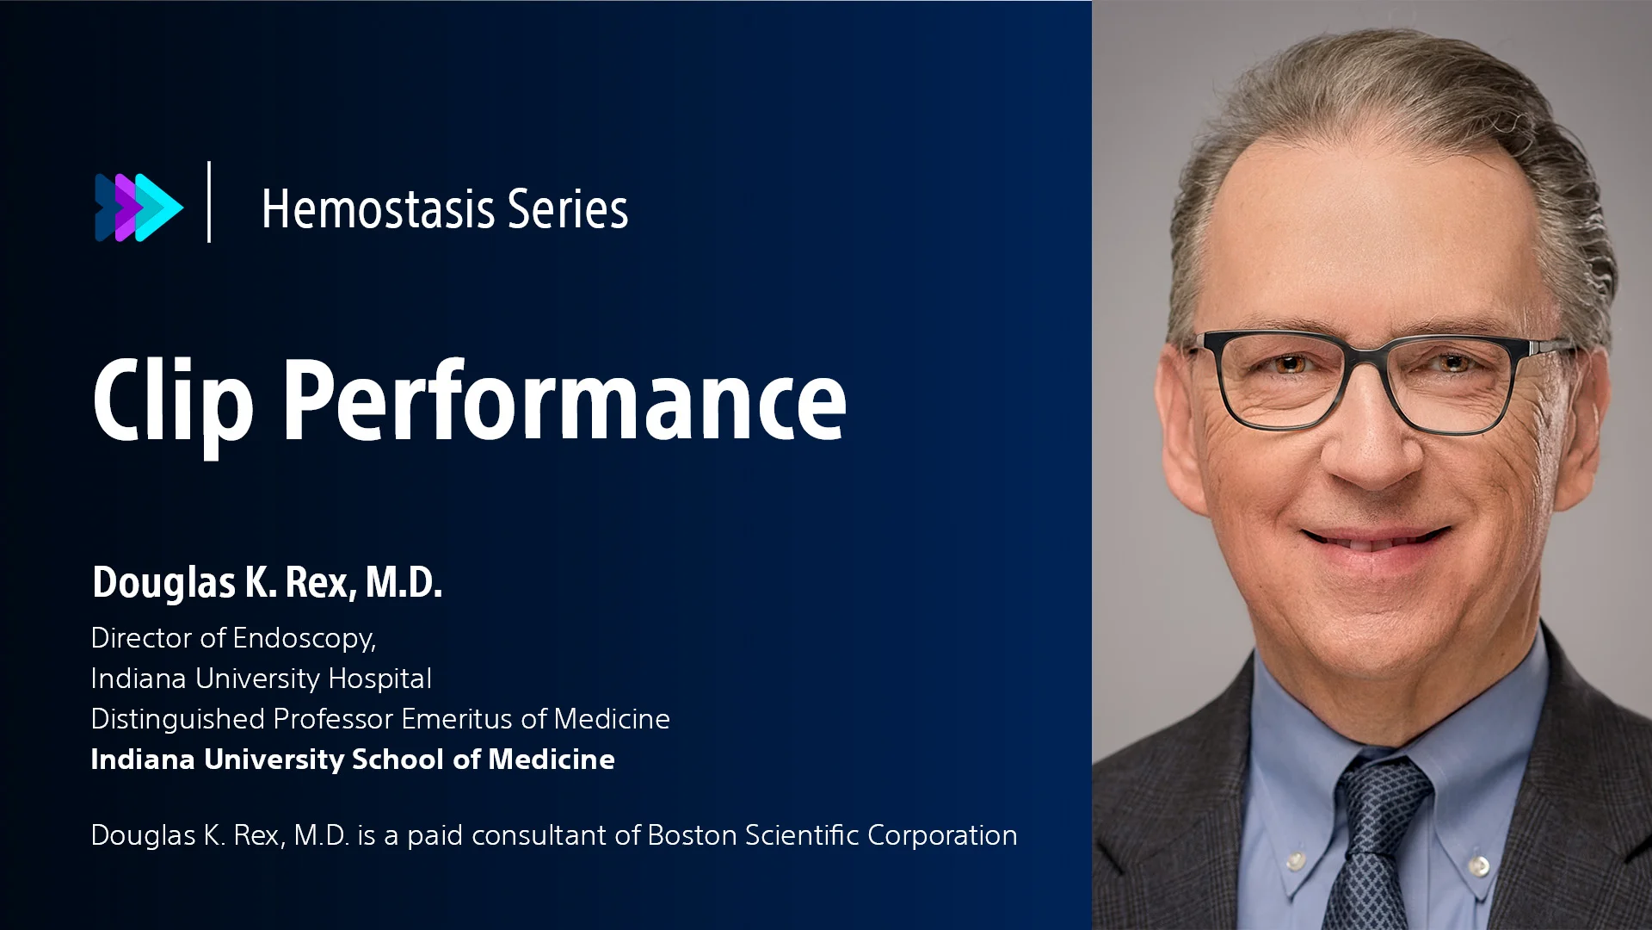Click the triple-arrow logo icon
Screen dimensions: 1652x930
[139, 207]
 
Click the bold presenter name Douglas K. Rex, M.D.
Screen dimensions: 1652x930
[267, 583]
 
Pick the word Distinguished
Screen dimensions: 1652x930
[177, 719]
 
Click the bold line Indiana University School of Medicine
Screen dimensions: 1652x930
[353, 759]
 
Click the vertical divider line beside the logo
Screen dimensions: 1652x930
[209, 201]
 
